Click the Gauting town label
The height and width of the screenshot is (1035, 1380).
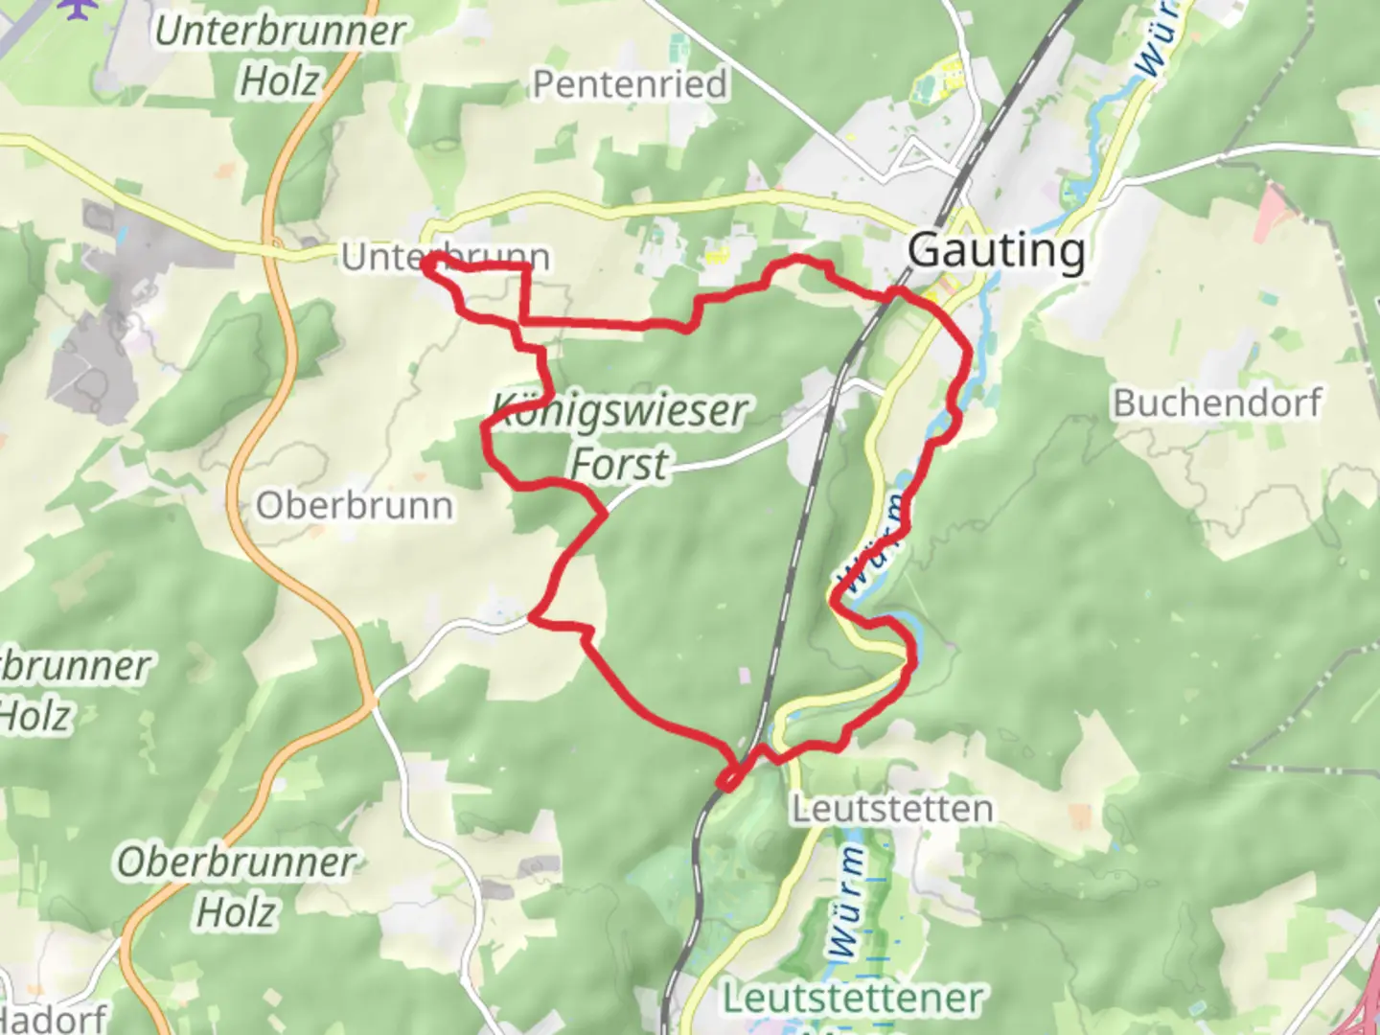click(996, 251)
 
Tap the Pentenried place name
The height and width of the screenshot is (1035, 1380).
click(630, 84)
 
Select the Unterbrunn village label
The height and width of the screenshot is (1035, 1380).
click(445, 257)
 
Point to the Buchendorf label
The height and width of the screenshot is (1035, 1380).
click(1216, 402)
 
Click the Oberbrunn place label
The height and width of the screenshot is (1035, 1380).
click(354, 505)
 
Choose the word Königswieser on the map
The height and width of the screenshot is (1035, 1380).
click(619, 411)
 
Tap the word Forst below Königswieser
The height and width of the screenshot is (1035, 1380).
click(619, 464)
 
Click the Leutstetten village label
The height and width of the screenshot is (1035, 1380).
click(891, 809)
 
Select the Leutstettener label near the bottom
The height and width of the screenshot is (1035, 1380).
click(852, 998)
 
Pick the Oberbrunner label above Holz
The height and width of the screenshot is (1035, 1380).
click(236, 862)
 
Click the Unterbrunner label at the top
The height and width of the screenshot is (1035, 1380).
click(280, 31)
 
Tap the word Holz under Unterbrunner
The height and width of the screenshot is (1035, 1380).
click(279, 81)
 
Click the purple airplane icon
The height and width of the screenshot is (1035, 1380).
click(78, 8)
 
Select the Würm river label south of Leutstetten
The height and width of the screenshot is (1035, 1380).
click(847, 902)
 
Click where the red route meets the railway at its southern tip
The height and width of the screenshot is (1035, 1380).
click(728, 781)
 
